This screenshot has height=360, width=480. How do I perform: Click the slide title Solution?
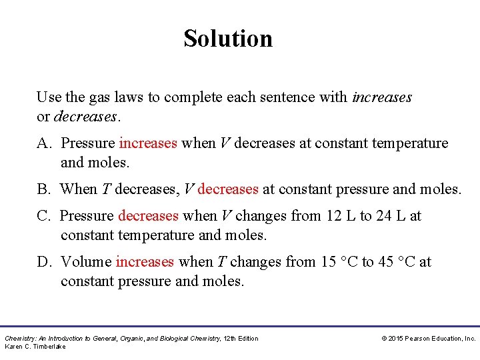click(228, 39)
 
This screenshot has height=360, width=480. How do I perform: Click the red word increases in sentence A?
click(148, 143)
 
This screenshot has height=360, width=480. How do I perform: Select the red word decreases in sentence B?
click(228, 189)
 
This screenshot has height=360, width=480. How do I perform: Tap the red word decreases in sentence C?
click(148, 216)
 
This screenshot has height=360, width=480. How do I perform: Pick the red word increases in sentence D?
click(145, 262)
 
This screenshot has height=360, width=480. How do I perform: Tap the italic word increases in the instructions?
click(382, 97)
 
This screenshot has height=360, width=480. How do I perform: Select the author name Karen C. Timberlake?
click(35, 347)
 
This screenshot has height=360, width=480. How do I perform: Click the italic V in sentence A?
click(225, 143)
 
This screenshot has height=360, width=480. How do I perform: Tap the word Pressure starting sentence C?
click(87, 216)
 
